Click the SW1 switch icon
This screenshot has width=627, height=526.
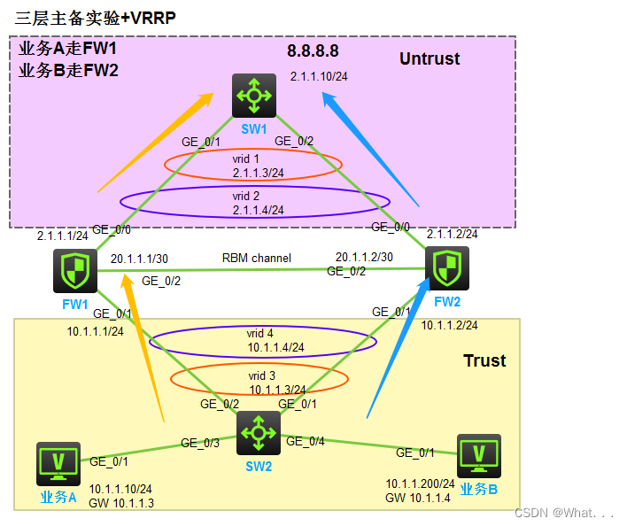[x=254, y=96]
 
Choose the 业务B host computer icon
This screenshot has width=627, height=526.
[x=479, y=456]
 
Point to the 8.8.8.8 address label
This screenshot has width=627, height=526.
[x=313, y=51]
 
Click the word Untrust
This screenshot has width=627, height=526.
[x=430, y=59]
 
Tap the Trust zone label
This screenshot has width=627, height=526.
[x=484, y=360]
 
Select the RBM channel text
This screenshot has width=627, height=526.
[x=258, y=259]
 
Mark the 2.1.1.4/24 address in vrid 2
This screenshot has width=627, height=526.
[x=258, y=210]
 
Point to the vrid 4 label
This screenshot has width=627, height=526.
[x=260, y=334]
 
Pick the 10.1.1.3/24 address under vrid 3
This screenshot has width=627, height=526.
[x=276, y=389]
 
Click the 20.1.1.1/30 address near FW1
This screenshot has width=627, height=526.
[x=139, y=259]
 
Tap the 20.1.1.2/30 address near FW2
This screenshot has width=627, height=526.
[x=363, y=257]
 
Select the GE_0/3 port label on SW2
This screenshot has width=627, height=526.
[x=199, y=442]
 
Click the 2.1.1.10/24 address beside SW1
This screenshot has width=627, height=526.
[x=319, y=76]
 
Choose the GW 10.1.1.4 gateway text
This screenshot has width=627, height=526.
[x=419, y=498]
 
